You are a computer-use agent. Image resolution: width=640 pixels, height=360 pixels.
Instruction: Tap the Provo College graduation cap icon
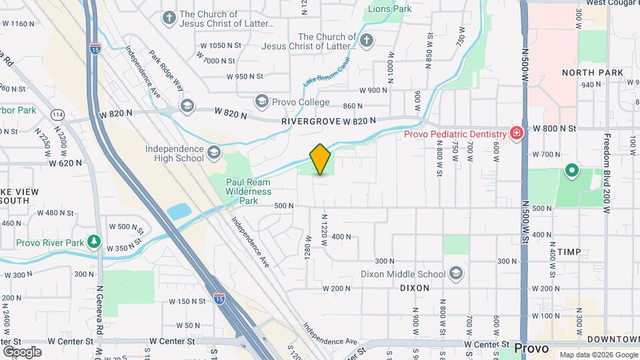pos(261,101)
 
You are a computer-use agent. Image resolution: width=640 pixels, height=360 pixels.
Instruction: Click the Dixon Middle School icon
pos(455,273)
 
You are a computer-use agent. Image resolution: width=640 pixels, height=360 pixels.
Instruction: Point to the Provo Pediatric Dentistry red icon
pos(515,134)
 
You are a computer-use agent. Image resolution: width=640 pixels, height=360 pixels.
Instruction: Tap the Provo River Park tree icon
pos(95,242)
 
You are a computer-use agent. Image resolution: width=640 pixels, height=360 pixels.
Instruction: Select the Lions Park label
pos(389,10)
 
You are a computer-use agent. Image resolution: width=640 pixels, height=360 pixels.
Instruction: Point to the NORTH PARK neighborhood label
pos(592,72)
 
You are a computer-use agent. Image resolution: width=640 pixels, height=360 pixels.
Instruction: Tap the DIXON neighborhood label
pos(415,287)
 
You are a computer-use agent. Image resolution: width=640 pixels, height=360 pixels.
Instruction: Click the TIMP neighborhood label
pos(569,252)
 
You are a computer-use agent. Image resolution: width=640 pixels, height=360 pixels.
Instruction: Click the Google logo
pos(22,351)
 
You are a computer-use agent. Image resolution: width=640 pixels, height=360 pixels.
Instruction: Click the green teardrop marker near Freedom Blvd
pos(571,171)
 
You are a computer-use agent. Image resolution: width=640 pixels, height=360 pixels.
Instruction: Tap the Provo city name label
pos(531,349)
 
